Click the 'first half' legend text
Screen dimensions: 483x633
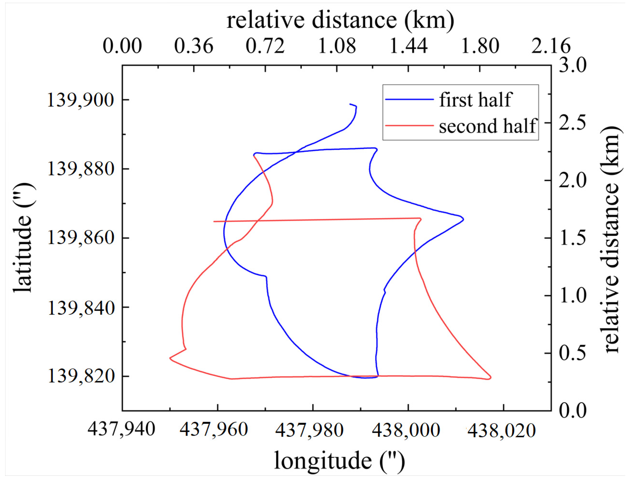[x=475, y=100]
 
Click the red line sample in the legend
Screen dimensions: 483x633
[x=409, y=126]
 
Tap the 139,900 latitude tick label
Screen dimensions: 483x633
[x=81, y=100]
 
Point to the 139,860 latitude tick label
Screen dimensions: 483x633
[x=81, y=238]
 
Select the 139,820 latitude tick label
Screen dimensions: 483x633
[x=81, y=376]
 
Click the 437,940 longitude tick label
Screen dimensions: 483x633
[x=122, y=429]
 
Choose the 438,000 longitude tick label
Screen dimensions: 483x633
[x=406, y=430]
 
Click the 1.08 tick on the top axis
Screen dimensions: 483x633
[x=337, y=46]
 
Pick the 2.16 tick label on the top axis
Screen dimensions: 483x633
[x=551, y=46]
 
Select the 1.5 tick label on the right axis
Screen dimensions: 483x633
[x=573, y=238]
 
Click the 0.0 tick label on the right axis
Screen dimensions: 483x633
[x=573, y=410]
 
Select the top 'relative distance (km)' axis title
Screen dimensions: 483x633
[x=340, y=20]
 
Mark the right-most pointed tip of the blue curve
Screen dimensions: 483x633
[x=463, y=219]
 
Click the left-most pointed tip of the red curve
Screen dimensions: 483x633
[x=170, y=358]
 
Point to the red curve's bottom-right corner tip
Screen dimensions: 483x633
[x=491, y=377]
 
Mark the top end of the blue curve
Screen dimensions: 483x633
[x=350, y=104]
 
